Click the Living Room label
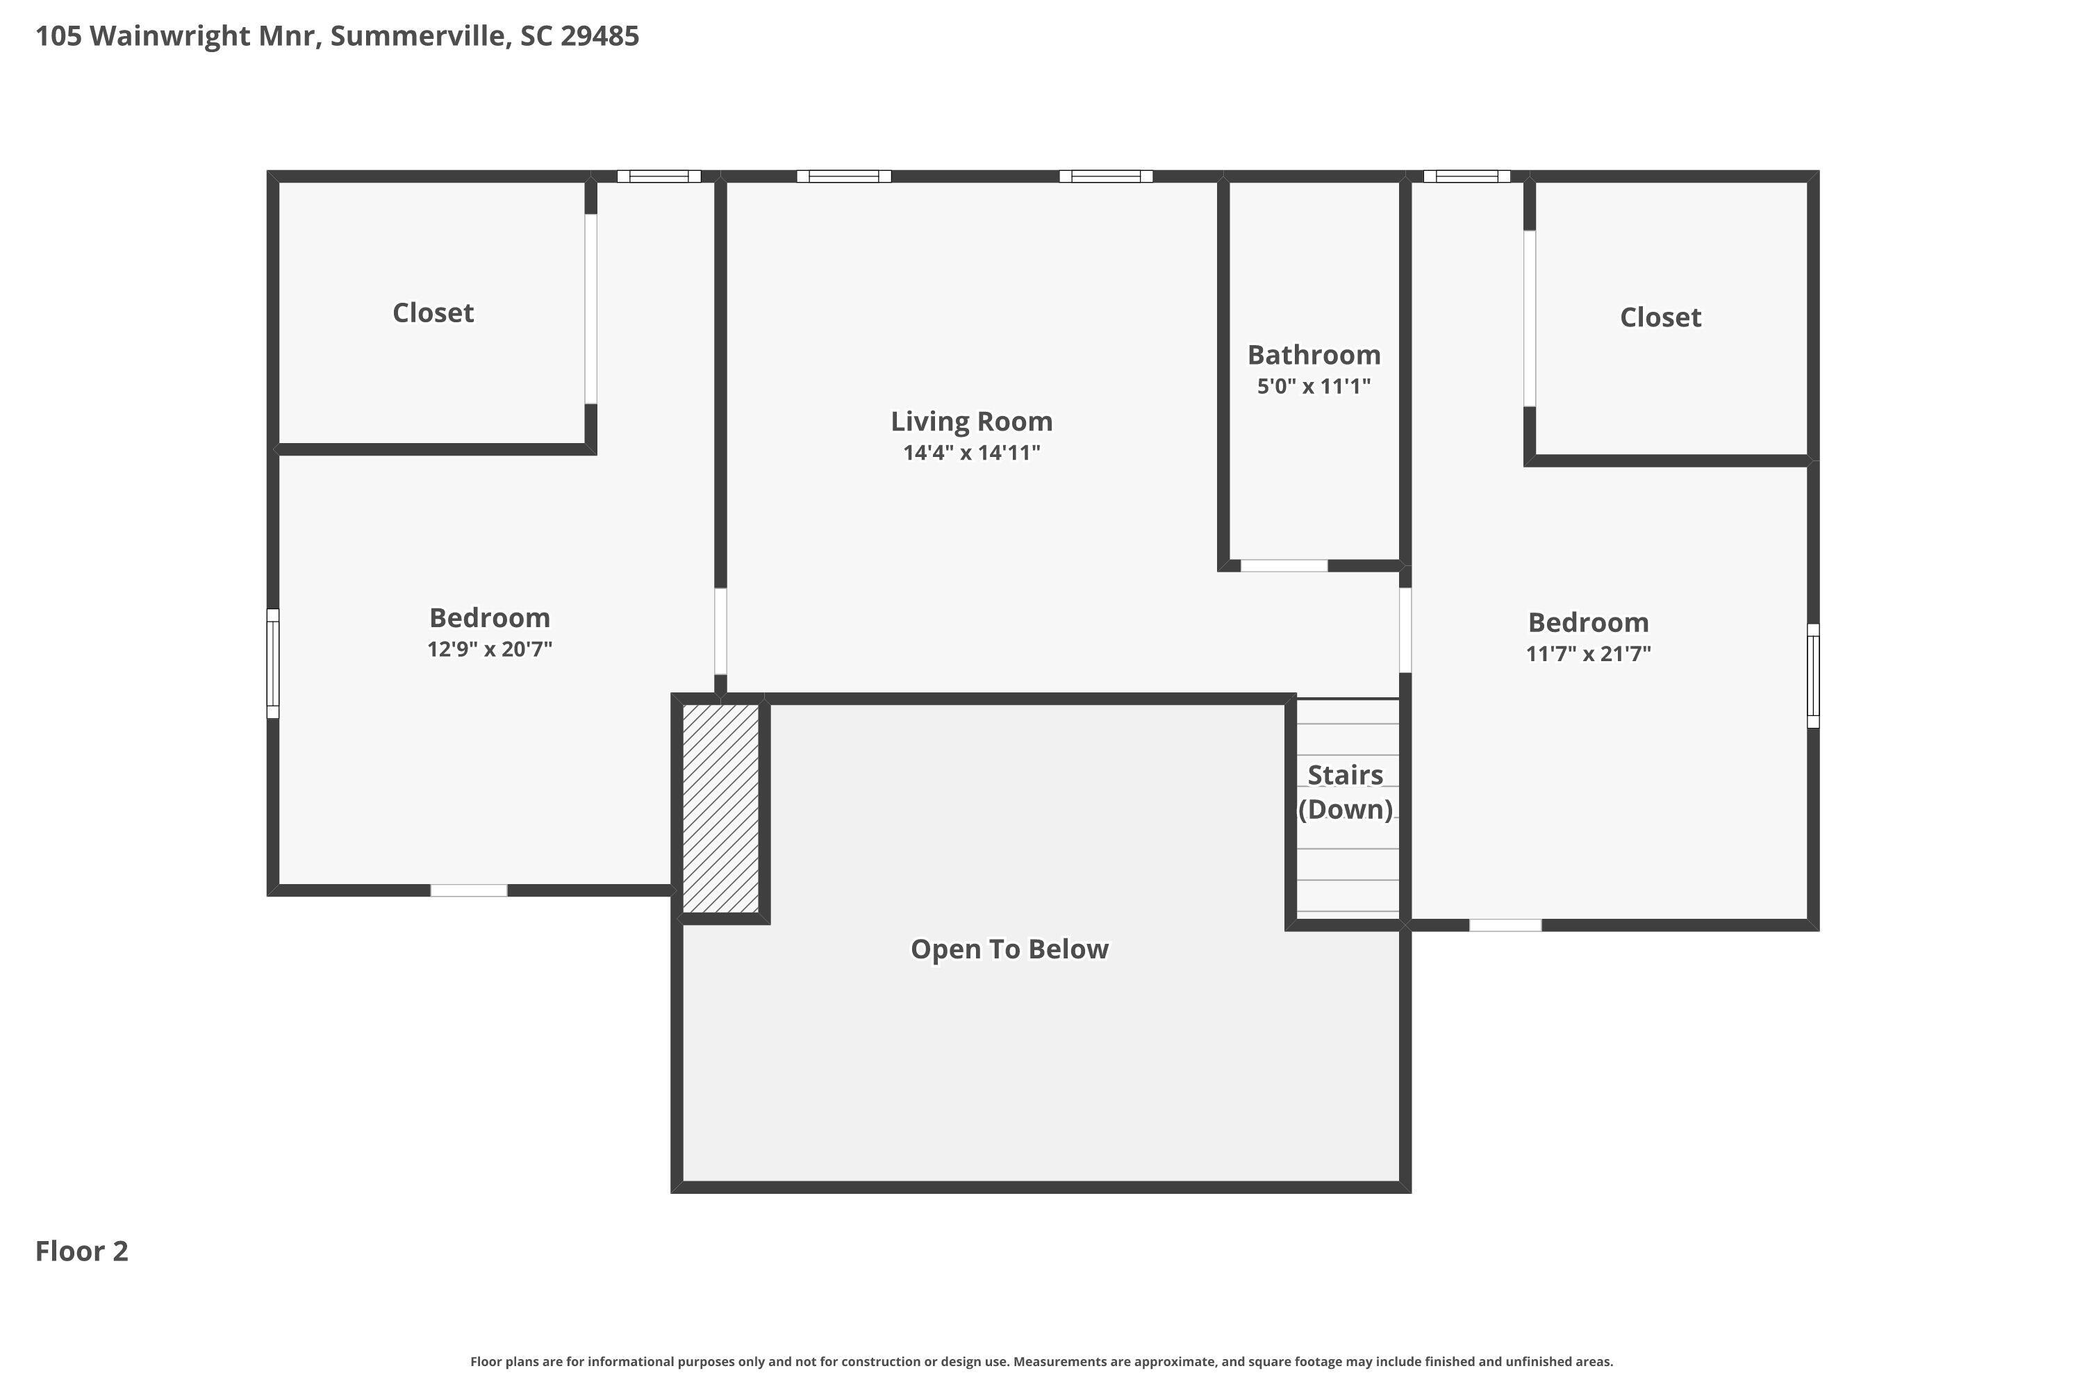[x=971, y=422]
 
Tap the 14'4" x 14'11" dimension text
[x=971, y=453]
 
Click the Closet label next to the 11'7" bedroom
[x=1660, y=317]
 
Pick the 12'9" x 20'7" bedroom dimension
[x=489, y=649]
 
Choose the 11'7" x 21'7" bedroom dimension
[x=1588, y=654]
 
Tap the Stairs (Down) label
[x=1345, y=792]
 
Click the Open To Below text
[x=1009, y=949]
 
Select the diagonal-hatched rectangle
[x=720, y=808]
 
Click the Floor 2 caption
[x=81, y=1251]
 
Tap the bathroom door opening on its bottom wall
[x=1283, y=565]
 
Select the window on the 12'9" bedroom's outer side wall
[x=273, y=663]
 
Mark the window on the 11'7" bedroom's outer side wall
[x=1813, y=676]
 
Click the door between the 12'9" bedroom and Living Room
[x=720, y=631]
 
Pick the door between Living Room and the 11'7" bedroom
[x=1405, y=630]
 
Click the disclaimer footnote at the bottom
[x=1041, y=1361]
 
